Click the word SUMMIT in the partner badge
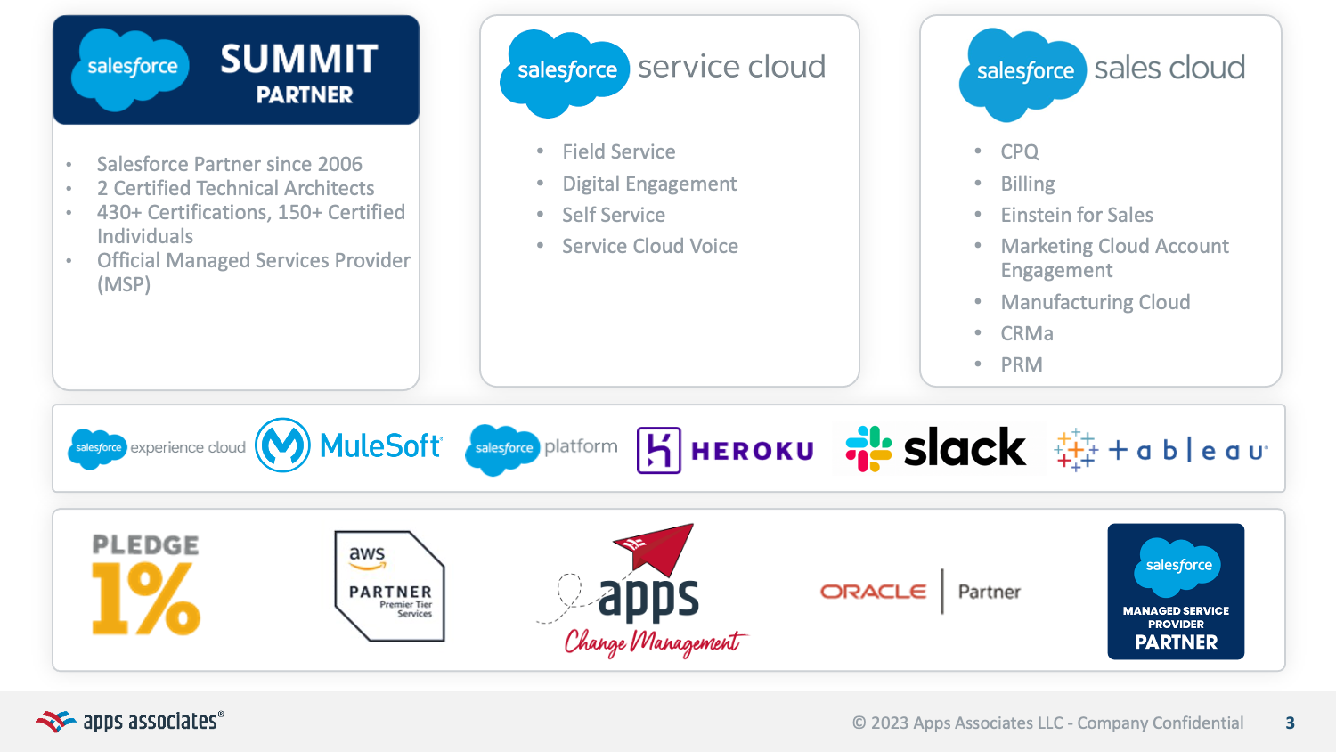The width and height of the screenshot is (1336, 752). (x=299, y=60)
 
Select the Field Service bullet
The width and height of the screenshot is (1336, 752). (x=618, y=152)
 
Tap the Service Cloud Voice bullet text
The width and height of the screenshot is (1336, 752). (x=649, y=247)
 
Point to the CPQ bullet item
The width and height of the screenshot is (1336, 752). (x=1019, y=152)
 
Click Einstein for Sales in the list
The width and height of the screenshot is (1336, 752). (x=1076, y=216)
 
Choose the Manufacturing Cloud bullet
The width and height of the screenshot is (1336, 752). (x=1095, y=303)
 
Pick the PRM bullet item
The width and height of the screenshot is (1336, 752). (x=1021, y=365)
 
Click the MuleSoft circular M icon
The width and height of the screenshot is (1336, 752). (x=282, y=445)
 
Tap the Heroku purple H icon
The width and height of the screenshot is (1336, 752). (x=658, y=450)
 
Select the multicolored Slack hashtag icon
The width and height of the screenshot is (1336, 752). (x=868, y=448)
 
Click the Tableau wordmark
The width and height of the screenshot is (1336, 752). (x=1187, y=451)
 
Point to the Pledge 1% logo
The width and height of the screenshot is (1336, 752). (x=146, y=584)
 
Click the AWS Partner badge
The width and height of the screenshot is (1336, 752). (x=389, y=585)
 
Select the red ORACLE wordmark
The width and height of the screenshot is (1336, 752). (x=873, y=592)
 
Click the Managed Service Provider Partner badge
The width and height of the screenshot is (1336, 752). (x=1175, y=592)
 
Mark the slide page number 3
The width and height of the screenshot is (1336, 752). (x=1290, y=723)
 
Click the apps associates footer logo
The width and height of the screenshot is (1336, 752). (x=130, y=721)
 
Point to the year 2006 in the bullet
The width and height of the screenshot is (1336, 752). (x=339, y=165)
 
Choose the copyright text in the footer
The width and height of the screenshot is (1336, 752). (x=1047, y=723)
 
